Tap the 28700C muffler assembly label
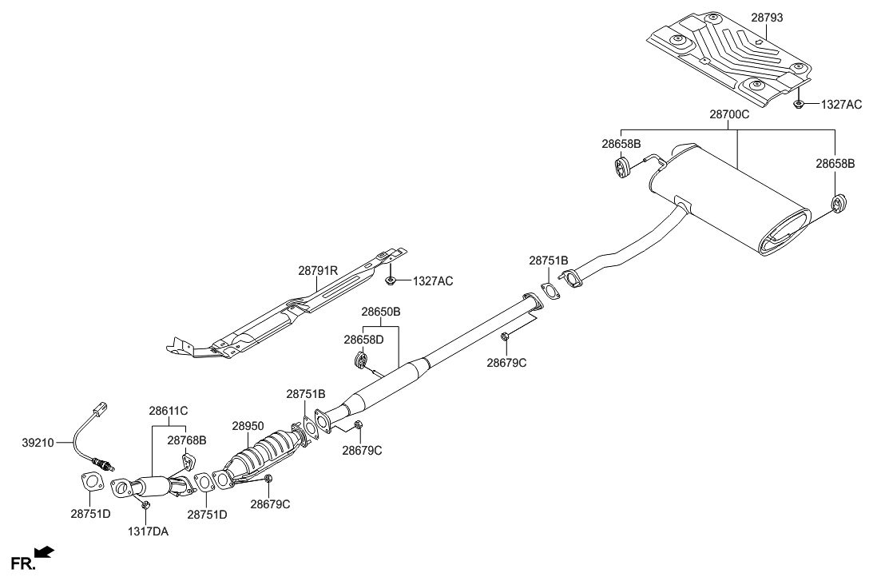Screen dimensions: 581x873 pyautogui.click(x=728, y=115)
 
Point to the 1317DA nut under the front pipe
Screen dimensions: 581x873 pyautogui.click(x=145, y=505)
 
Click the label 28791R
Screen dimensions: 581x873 pyautogui.click(x=318, y=272)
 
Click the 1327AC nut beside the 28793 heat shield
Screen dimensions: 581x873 pyautogui.click(x=798, y=104)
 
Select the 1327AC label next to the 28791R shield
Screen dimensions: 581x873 pyautogui.click(x=431, y=281)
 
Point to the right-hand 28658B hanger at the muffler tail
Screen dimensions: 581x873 pyautogui.click(x=839, y=205)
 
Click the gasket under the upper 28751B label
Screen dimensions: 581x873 pyautogui.click(x=550, y=292)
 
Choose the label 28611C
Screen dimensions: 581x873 pyautogui.click(x=168, y=412)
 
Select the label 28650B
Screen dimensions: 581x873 pyautogui.click(x=380, y=311)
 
